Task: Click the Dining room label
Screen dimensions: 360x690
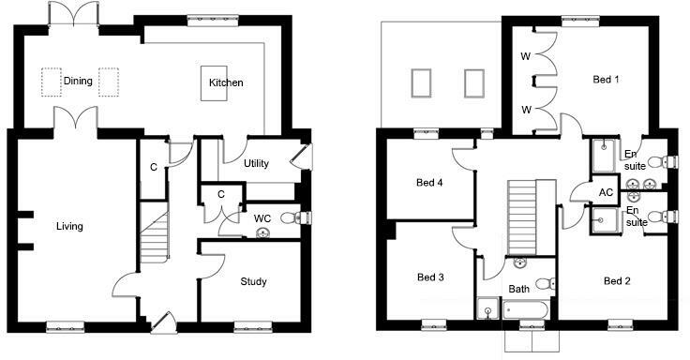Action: pos(78,81)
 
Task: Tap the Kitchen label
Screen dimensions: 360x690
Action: pos(226,83)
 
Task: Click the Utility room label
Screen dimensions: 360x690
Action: pos(256,164)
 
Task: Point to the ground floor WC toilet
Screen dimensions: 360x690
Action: pos(293,218)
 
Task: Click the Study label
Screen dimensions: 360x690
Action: pos(253,281)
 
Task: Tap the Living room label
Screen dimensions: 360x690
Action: pos(69,226)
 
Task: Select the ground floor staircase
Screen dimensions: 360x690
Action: pos(155,237)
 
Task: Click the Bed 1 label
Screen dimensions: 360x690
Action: pos(606,81)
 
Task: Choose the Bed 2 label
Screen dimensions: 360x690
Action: pos(616,281)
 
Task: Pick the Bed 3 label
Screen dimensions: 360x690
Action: pos(429,277)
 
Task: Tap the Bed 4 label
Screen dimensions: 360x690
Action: pos(429,183)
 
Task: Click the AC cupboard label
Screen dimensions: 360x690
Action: pos(606,191)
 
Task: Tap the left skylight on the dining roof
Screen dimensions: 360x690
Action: pos(421,82)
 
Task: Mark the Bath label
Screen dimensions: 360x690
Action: pos(518,290)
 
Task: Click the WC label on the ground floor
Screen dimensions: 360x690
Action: pos(262,219)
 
